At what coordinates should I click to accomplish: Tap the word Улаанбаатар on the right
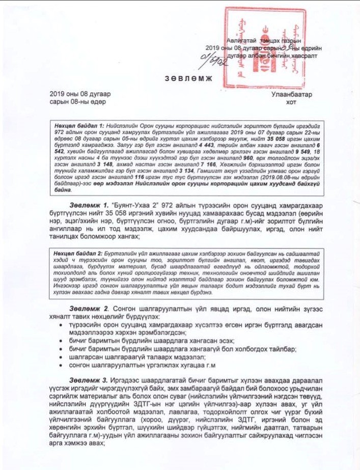coord(292,94)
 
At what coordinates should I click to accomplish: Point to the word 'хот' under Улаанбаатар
coord(292,102)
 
